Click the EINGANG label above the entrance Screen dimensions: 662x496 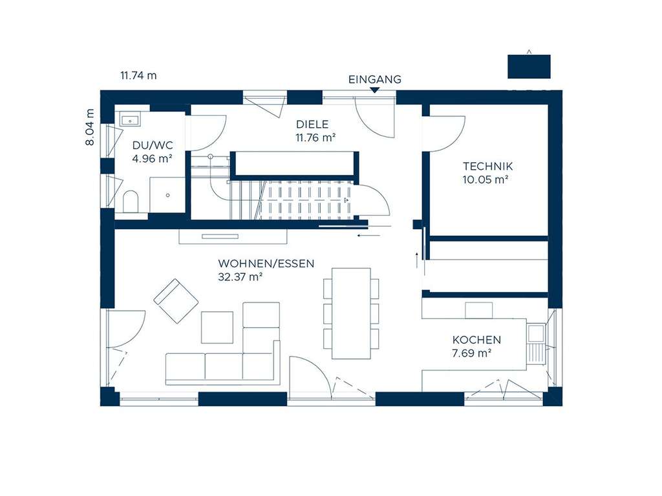[374, 79]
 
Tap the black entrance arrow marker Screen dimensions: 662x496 [374, 89]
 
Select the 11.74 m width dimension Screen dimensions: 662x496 [138, 76]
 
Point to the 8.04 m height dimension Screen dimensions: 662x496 [90, 127]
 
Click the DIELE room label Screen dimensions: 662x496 [312, 125]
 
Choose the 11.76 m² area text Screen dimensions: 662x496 [315, 138]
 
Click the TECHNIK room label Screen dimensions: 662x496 [487, 166]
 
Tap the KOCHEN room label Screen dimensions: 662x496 [476, 340]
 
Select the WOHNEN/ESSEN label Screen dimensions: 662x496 [266, 263]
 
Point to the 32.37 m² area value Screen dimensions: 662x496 [240, 277]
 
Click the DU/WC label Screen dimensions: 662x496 [153, 145]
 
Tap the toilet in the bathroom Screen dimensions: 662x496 [131, 201]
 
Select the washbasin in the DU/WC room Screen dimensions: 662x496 [131, 119]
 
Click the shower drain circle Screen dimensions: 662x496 [167, 195]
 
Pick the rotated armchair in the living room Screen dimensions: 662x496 [176, 301]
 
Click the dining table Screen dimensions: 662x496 [351, 313]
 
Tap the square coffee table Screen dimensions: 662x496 [217, 327]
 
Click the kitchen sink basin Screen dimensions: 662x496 [536, 333]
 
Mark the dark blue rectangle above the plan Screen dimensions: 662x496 [529, 67]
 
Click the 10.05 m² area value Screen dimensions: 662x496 [485, 180]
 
